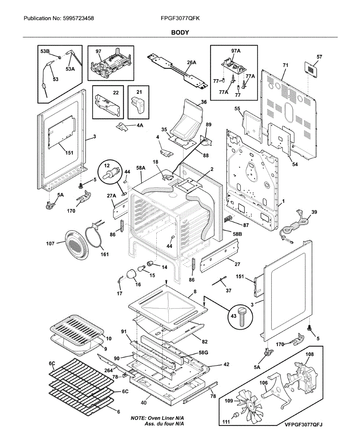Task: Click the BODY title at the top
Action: [x=180, y=32]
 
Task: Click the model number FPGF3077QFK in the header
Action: [x=180, y=18]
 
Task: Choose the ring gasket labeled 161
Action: [x=95, y=238]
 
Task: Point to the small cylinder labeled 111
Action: [x=237, y=414]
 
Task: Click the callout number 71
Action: [x=286, y=65]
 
